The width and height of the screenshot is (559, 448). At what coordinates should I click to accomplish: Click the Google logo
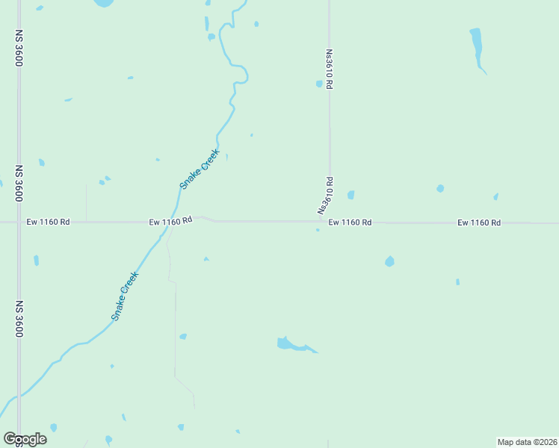25,438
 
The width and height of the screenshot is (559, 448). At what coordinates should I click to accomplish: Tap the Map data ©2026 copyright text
527,442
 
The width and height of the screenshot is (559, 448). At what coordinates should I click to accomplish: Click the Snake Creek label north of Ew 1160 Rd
200,169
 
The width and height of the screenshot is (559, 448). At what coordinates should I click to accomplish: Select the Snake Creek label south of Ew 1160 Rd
126,296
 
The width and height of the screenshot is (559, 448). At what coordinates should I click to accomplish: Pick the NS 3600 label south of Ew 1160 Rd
19,320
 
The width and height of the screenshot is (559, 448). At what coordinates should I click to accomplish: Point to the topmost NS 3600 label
19,49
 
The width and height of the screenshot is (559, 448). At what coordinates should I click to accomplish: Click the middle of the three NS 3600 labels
19,184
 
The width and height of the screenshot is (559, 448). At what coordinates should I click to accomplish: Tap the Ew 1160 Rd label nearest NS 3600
48,222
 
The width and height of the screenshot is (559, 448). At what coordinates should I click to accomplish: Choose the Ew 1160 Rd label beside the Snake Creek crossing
170,221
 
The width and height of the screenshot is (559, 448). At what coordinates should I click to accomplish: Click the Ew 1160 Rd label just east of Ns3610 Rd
350,223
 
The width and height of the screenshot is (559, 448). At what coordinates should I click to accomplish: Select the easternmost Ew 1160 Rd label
478,223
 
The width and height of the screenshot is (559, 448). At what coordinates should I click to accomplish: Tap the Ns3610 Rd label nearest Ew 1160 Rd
326,195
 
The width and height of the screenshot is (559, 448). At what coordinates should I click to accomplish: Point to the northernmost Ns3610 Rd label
329,70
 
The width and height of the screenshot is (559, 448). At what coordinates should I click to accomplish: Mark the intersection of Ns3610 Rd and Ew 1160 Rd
330,222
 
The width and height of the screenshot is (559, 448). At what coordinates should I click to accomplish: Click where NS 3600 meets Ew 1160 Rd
19,222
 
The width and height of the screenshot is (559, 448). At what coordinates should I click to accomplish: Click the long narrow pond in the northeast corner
476,45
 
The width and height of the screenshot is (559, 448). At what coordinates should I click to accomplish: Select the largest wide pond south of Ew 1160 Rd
292,344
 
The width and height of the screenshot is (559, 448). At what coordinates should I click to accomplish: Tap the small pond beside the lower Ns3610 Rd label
350,195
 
